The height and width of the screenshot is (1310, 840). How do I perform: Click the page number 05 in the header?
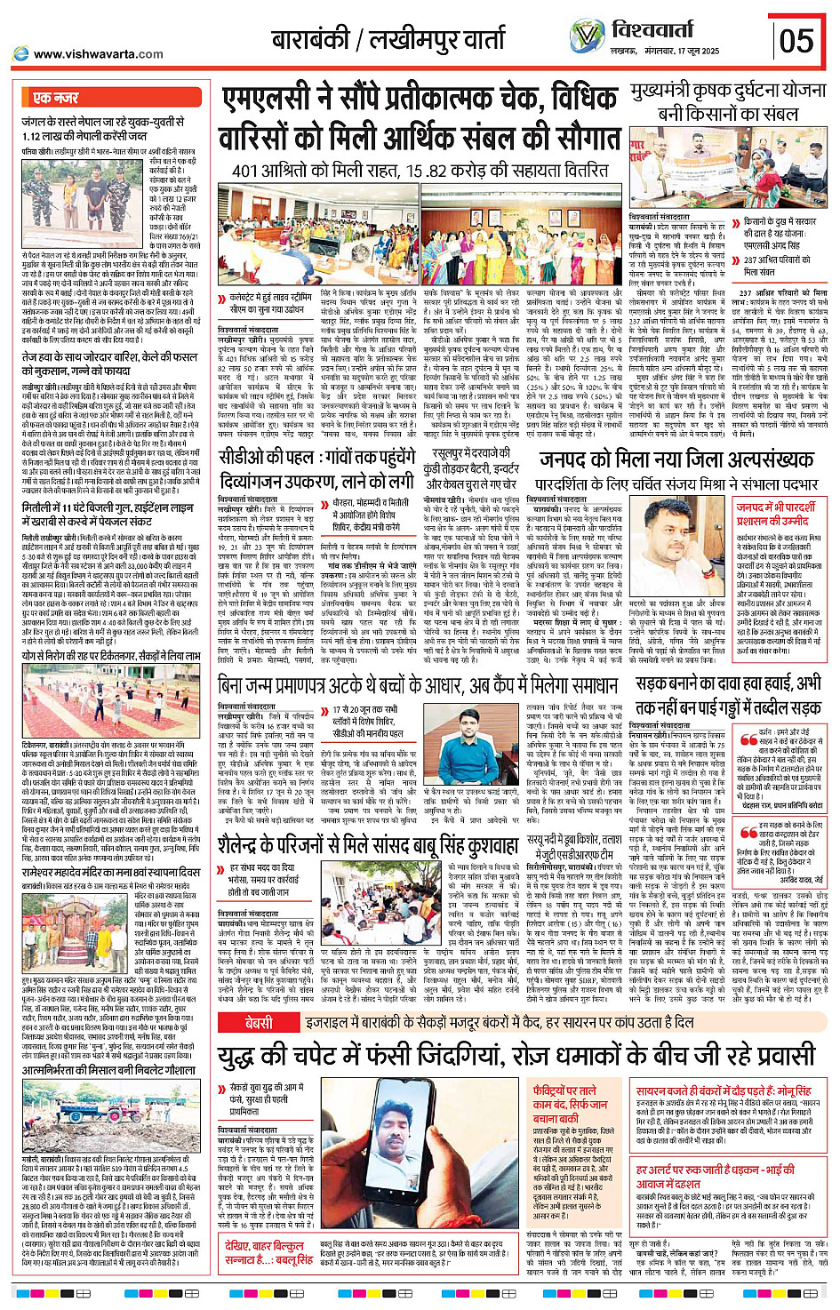tap(796, 41)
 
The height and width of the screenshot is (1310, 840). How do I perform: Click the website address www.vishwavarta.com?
tap(98, 54)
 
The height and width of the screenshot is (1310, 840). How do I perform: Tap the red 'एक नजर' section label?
tap(55, 97)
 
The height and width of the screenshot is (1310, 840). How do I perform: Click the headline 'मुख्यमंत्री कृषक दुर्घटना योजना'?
tap(728, 92)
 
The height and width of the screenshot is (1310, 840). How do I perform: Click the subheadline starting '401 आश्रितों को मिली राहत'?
tap(420, 170)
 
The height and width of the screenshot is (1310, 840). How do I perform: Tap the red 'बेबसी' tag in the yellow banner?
tap(259, 1023)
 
